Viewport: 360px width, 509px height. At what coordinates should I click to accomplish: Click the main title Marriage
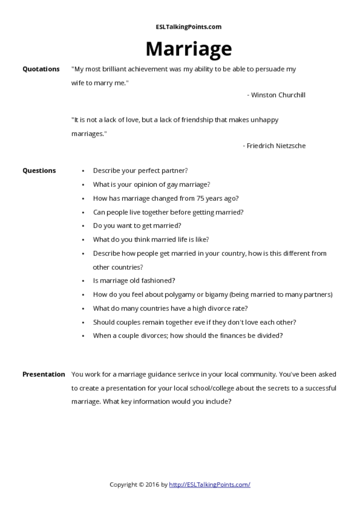(188, 49)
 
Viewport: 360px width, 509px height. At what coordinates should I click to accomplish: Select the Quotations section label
(41, 69)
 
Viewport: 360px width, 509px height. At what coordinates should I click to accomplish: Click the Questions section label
(39, 170)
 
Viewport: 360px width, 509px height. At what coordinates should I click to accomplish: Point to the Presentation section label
(43, 374)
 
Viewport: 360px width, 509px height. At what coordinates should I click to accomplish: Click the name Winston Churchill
(278, 95)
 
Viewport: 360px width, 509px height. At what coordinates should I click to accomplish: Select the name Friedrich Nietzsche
(276, 146)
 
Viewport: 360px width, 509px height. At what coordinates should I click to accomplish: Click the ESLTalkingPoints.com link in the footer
(209, 485)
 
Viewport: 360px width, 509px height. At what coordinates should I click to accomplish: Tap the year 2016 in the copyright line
(153, 485)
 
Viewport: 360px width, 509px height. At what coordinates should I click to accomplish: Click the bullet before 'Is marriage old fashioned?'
(83, 281)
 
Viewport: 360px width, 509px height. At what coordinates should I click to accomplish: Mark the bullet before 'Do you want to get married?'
(83, 226)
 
